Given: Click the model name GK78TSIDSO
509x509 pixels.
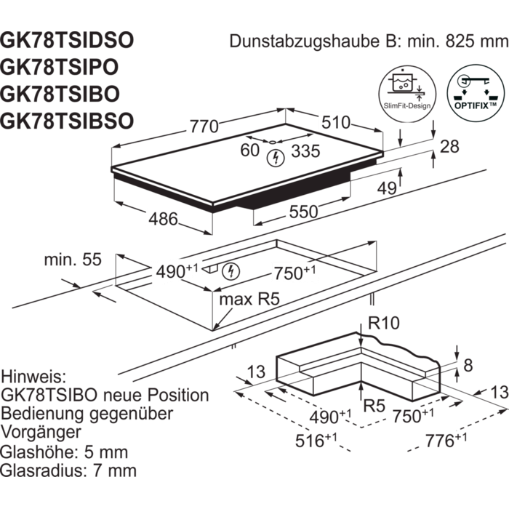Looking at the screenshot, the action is (67, 41).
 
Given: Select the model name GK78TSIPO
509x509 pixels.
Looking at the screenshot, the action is (60, 67).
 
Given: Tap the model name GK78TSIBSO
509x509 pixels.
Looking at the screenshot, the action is (67, 121).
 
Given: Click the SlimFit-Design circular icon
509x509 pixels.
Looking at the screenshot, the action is (407, 94).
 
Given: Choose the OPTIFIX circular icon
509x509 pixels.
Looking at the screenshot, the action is (476, 93).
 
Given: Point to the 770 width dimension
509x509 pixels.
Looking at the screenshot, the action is (204, 127).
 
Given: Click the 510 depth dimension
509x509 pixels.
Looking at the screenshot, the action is (336, 122).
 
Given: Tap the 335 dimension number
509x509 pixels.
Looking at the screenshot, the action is (305, 151).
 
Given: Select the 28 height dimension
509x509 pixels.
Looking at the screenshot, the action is (449, 147).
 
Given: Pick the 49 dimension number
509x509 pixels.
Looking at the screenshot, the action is (387, 188).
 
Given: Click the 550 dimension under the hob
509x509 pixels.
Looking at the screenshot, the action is (303, 212).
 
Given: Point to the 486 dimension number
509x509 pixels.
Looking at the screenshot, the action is (164, 219).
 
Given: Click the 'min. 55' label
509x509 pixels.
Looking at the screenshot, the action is (73, 260).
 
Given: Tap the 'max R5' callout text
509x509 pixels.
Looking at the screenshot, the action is (249, 300).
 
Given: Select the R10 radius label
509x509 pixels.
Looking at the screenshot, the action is (384, 323).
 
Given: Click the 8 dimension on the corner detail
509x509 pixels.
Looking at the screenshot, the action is (468, 366).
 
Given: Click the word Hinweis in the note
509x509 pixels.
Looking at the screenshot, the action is (33, 377).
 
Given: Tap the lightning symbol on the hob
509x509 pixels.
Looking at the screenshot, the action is (276, 159).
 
